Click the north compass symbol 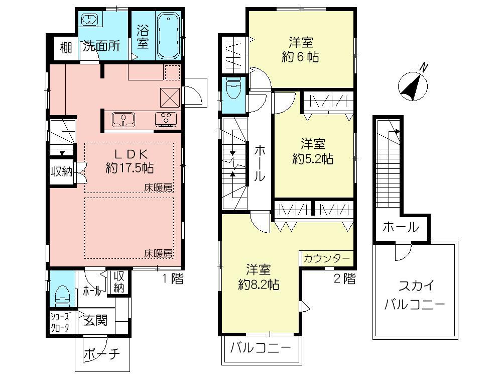413,84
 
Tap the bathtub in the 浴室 169,36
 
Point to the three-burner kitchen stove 166,119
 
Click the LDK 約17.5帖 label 130,160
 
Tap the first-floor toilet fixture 61,295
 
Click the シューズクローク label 60,320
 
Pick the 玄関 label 95,320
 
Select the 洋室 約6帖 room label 300,49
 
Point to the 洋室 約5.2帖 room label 313,151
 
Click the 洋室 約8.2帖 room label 259,276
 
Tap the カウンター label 327,258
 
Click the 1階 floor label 172,280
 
